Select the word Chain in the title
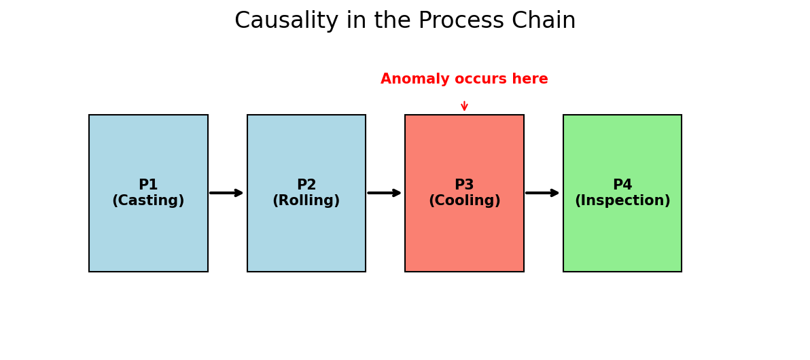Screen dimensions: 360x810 click(x=544, y=21)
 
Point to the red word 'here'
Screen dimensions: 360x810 click(x=529, y=79)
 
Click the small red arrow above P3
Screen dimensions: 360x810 click(x=464, y=105)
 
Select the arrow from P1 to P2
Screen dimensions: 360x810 click(x=226, y=193)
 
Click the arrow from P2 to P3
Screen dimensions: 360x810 click(x=385, y=193)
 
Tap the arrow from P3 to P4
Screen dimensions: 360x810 click(x=542, y=193)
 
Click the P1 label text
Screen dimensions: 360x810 click(x=148, y=185)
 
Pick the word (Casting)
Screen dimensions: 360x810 click(x=148, y=201)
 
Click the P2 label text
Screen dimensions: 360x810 click(x=306, y=185)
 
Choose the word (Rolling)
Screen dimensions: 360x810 click(x=306, y=201)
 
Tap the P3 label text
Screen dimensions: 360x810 click(x=464, y=185)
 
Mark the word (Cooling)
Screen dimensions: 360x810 click(x=464, y=201)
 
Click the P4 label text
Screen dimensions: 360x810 click(x=622, y=185)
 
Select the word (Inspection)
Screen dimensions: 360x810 click(x=622, y=201)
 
